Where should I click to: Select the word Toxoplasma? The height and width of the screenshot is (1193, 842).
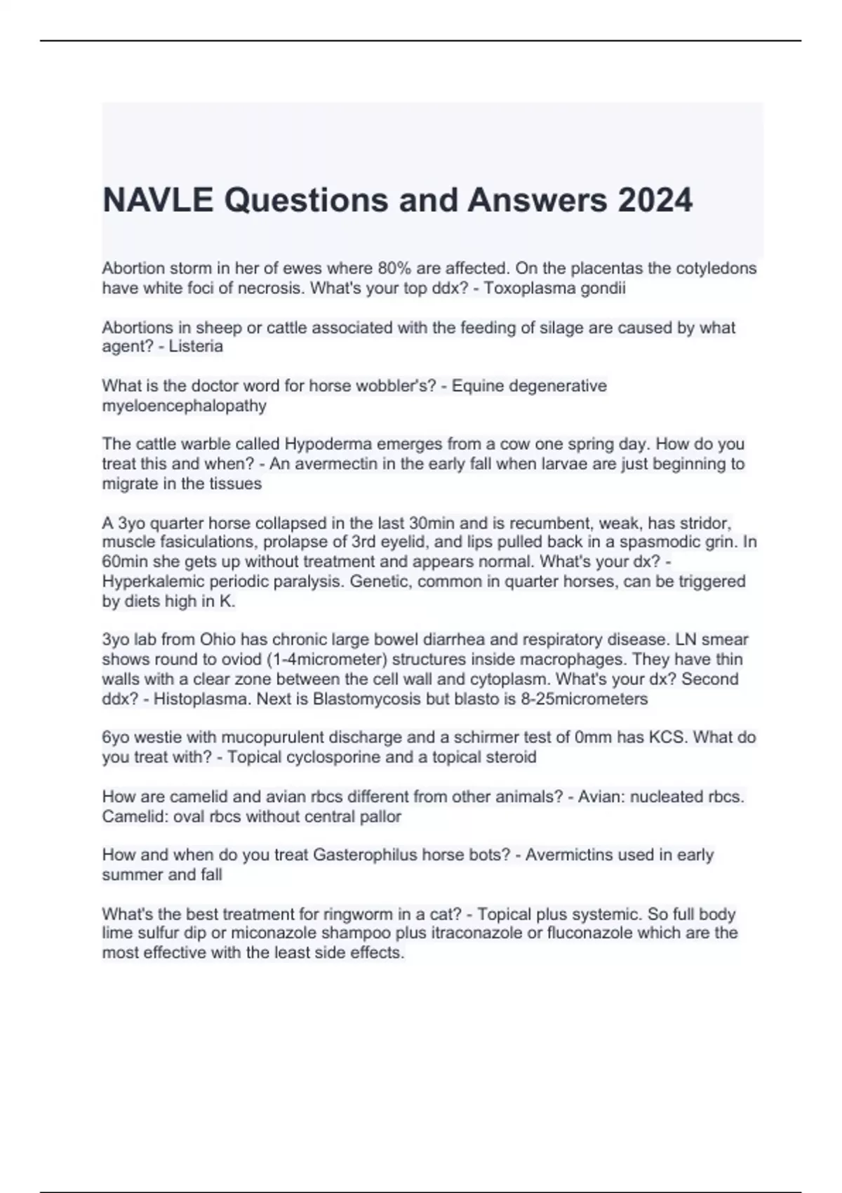[523, 288]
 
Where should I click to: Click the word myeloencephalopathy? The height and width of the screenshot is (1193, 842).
[184, 406]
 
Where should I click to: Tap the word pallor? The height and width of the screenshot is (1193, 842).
[380, 816]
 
